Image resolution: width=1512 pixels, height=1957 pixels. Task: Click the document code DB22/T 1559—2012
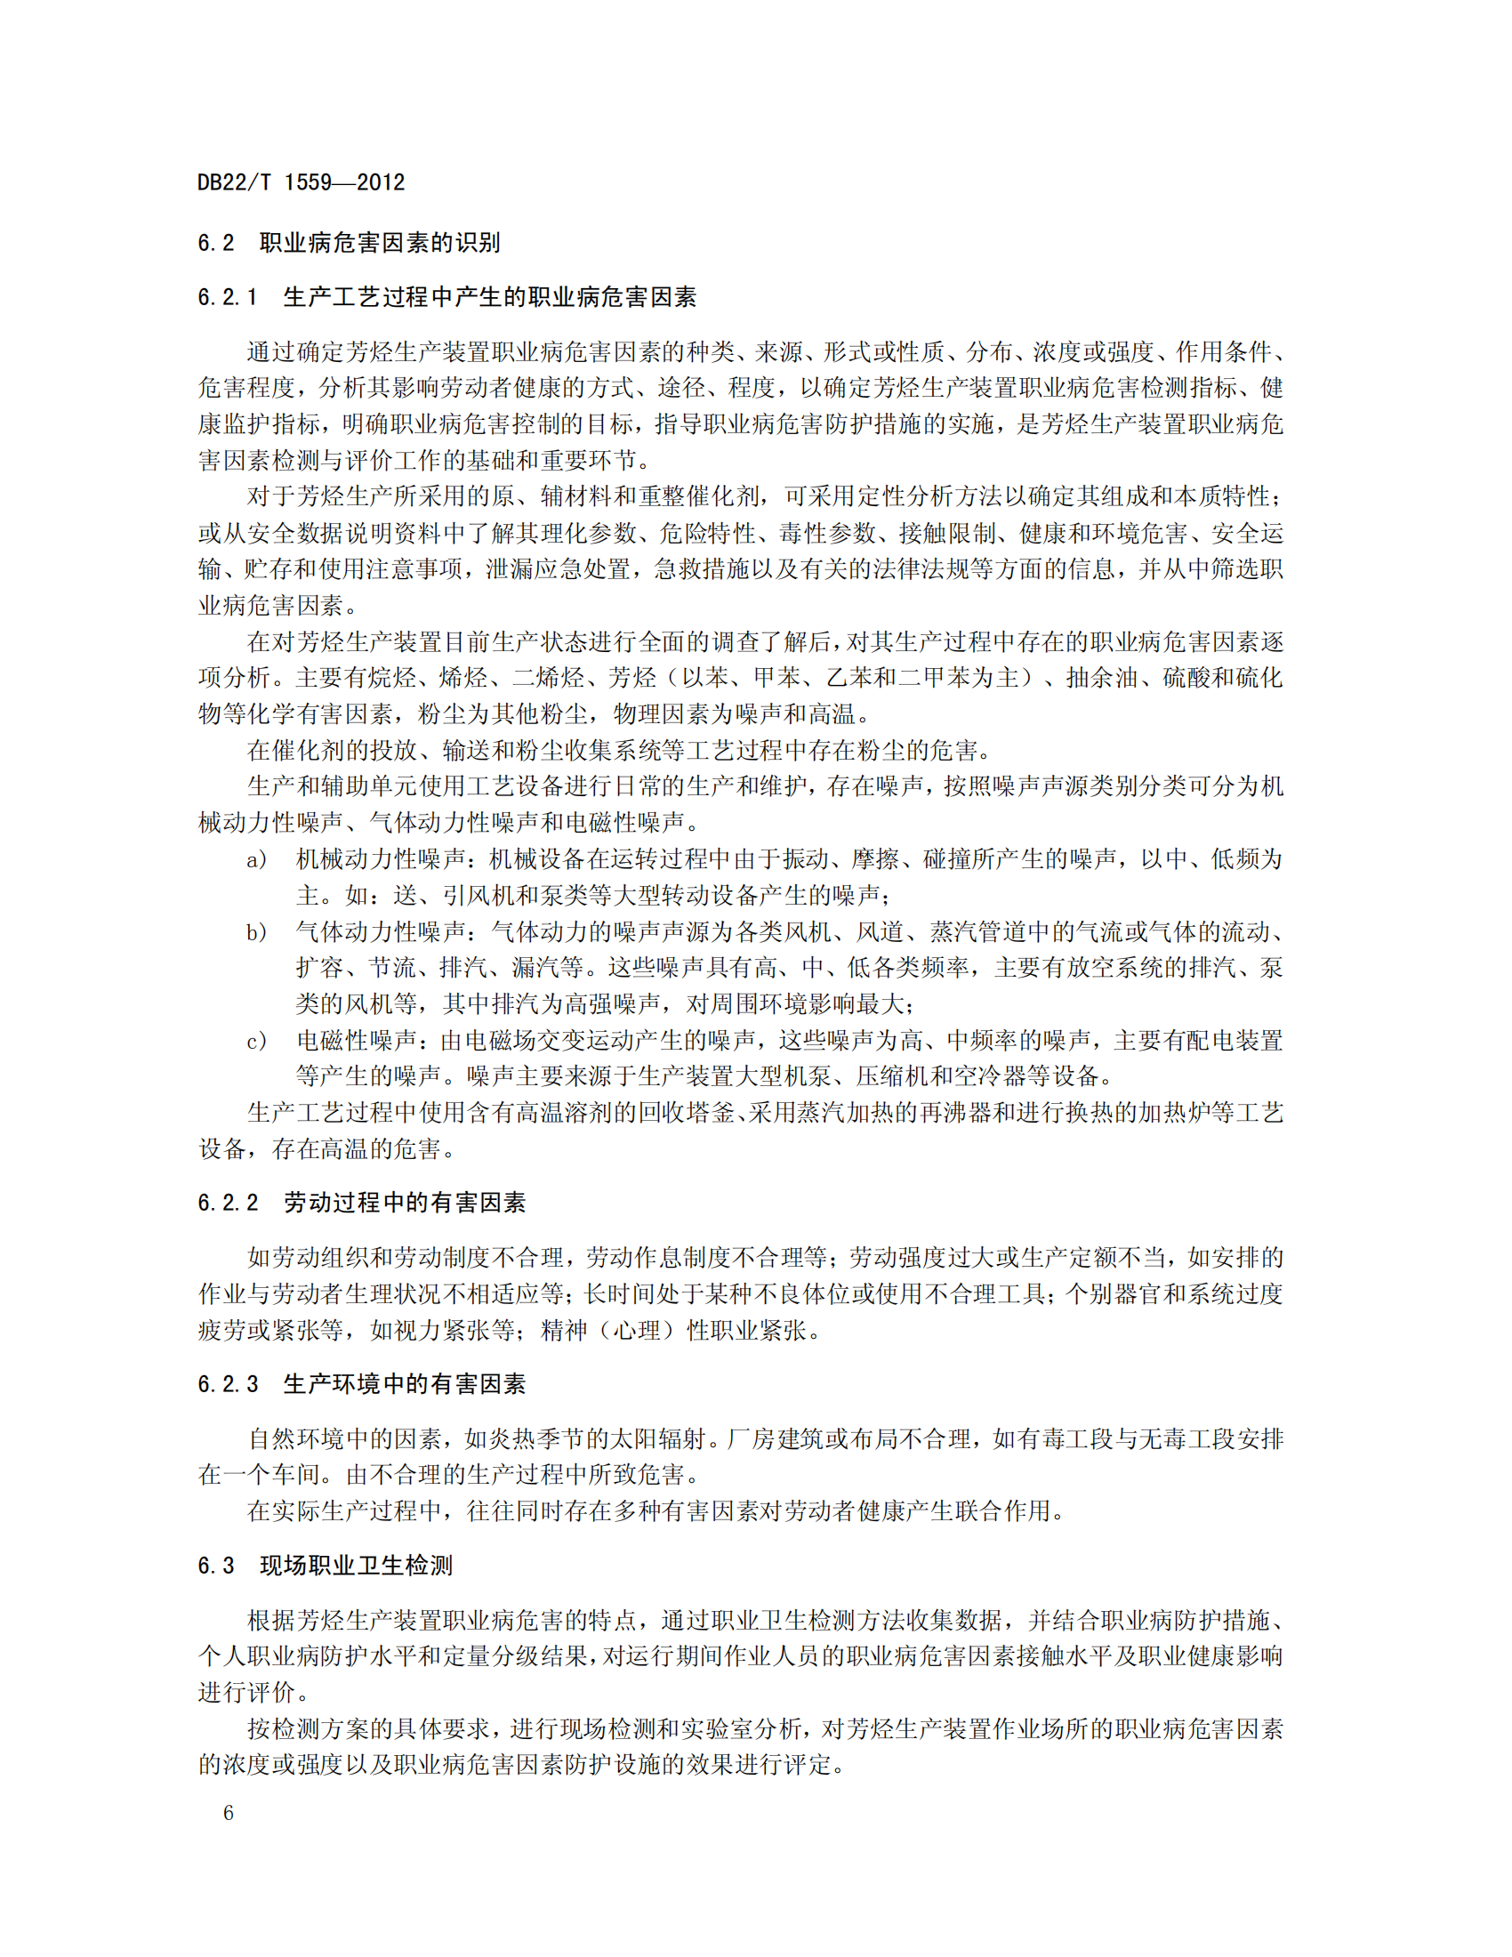(x=301, y=182)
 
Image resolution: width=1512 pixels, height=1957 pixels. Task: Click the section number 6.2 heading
(x=216, y=243)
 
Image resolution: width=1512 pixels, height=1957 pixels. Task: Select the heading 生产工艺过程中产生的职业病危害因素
(x=489, y=297)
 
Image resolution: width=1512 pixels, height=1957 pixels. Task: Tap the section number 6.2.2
(x=228, y=1204)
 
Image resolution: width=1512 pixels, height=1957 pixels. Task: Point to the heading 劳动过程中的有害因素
(x=404, y=1204)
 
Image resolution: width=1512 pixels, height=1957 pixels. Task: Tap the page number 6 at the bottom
(x=229, y=1813)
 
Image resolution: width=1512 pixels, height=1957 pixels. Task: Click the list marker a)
(x=256, y=860)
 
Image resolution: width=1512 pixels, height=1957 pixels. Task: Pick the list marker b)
(x=256, y=933)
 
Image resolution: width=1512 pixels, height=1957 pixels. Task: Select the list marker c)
(x=256, y=1042)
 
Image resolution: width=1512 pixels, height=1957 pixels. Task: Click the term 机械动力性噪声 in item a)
(x=380, y=859)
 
